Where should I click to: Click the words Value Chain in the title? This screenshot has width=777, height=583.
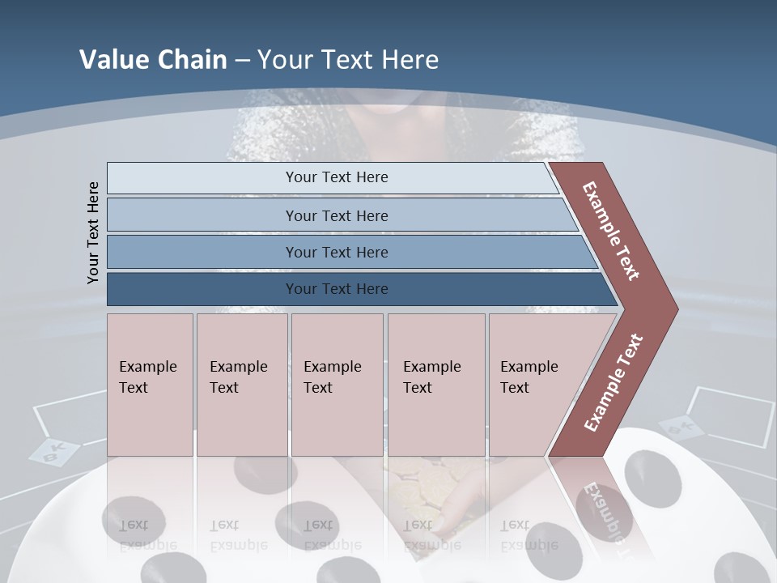(153, 60)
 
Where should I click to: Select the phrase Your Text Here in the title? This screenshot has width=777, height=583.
(348, 60)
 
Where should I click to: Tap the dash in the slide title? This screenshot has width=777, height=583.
(242, 61)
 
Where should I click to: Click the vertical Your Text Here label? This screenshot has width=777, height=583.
(93, 232)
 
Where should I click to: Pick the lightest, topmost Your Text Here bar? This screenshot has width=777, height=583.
(336, 177)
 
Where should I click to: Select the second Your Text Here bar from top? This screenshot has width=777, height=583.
(336, 215)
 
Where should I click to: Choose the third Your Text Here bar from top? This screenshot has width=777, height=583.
(336, 252)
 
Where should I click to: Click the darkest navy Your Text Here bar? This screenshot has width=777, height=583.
(336, 289)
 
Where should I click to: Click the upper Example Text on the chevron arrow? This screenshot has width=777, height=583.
(611, 230)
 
